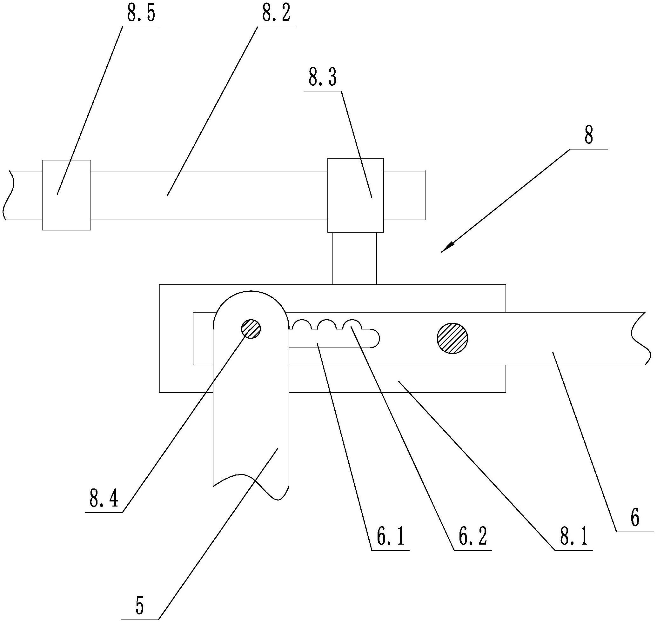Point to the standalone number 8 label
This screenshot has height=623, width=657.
(588, 136)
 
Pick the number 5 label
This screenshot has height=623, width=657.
(140, 606)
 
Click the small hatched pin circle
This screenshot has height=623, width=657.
(251, 329)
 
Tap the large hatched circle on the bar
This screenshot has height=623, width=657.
(452, 338)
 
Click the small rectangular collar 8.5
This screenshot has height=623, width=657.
(66, 195)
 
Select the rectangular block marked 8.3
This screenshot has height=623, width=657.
(355, 195)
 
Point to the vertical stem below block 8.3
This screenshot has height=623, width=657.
(354, 258)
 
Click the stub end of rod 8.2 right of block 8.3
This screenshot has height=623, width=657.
(404, 195)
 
